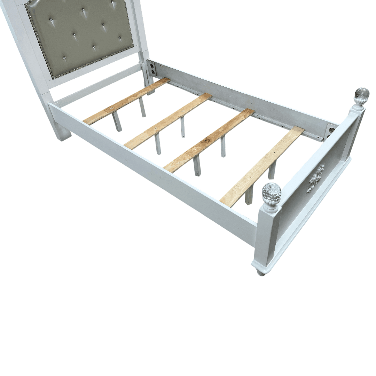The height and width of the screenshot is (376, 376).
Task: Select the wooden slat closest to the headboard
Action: click(127, 101)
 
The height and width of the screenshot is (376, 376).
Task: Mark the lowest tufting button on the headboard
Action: click(64, 58)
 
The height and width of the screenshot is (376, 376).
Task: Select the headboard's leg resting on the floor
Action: click(61, 131)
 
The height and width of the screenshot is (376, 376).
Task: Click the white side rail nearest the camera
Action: click(150, 167)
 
